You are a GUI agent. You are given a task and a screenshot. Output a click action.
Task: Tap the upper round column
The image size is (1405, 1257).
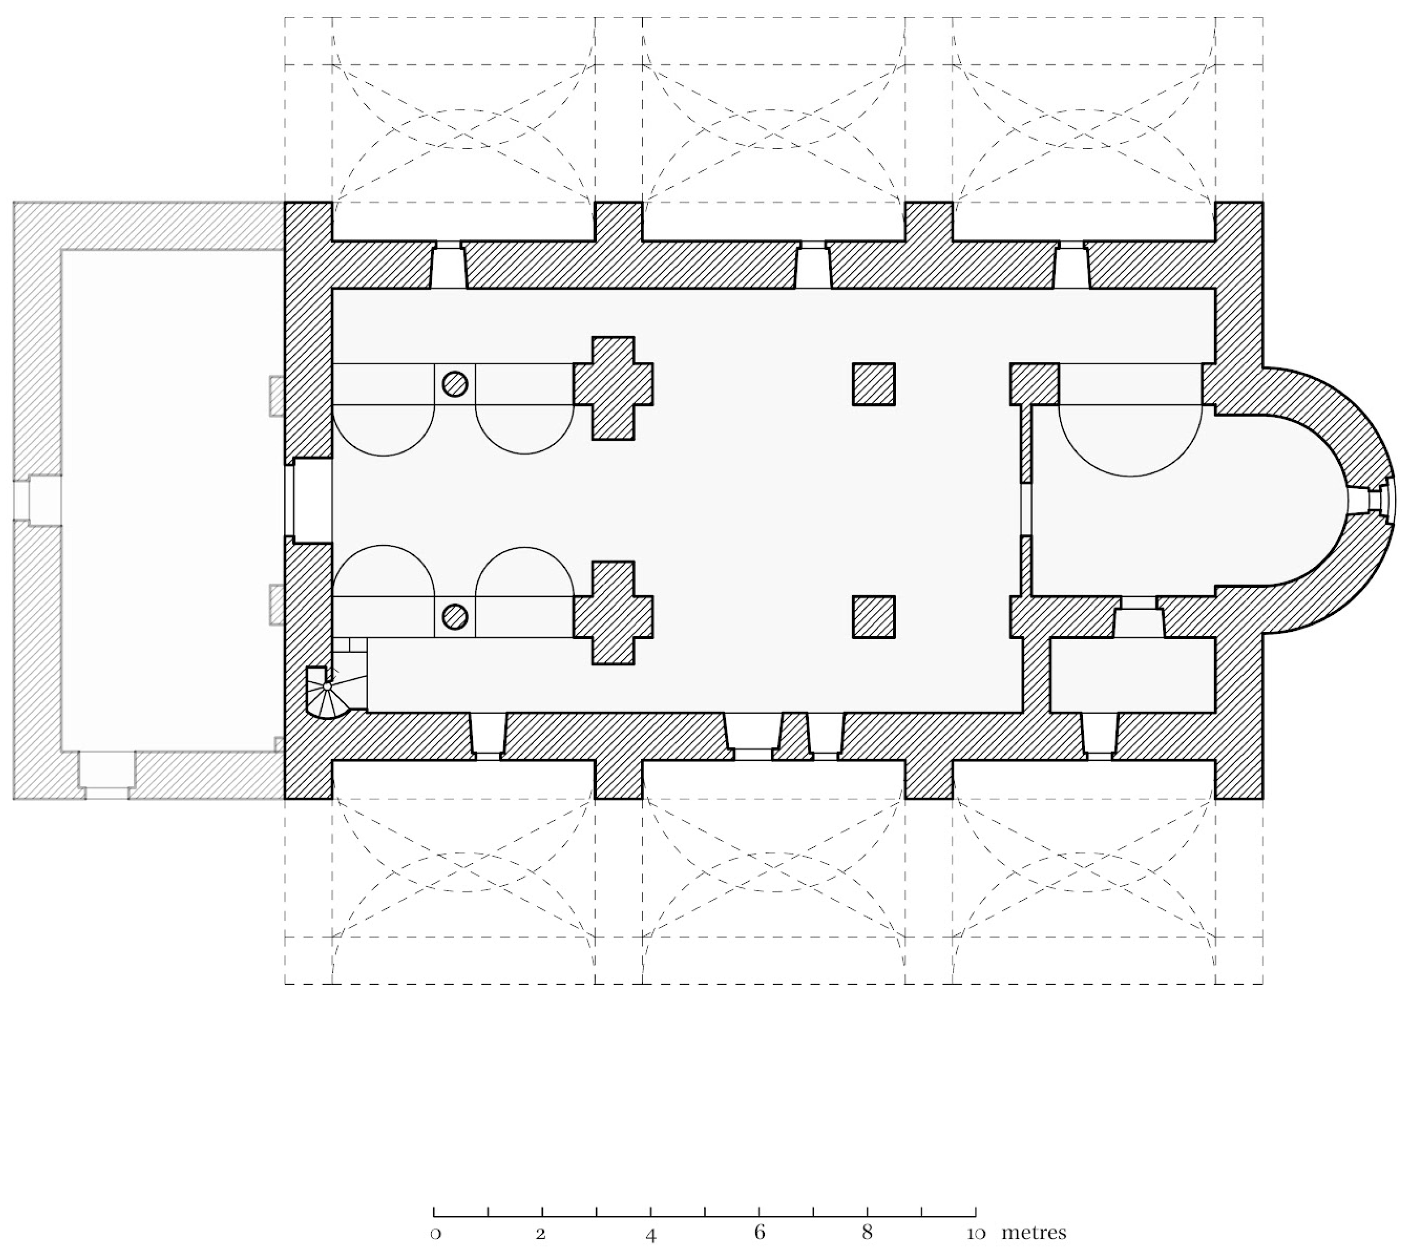455,384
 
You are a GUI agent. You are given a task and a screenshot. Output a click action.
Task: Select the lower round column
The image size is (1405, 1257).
455,616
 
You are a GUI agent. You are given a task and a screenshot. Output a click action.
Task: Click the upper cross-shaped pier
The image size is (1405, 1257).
613,388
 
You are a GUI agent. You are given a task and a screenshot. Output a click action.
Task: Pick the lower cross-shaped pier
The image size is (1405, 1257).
613,613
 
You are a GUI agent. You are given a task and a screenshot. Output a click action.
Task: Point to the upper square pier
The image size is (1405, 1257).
874,384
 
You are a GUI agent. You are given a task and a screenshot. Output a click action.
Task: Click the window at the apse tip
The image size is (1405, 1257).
1370,500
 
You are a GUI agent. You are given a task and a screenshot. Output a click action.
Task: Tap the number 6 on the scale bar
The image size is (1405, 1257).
759,1233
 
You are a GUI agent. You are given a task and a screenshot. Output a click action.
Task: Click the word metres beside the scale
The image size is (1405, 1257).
1034,1232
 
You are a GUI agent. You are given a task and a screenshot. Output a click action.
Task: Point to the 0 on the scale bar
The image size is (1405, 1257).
435,1234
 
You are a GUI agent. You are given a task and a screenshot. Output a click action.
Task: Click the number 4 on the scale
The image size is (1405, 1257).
651,1234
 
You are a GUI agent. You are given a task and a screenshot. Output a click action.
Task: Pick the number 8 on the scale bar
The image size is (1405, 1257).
867,1233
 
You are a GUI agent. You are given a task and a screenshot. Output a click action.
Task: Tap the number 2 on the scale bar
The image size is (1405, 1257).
542,1234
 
